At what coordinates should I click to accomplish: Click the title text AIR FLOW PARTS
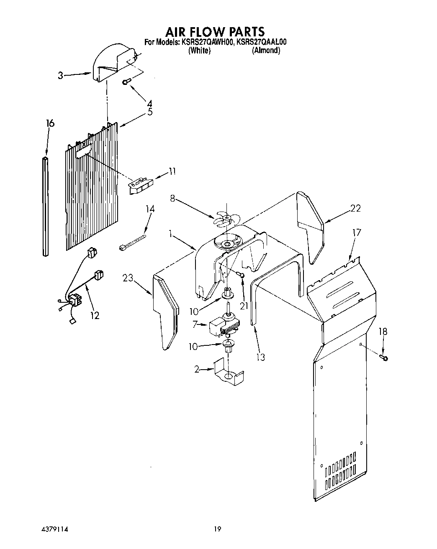pos(215,32)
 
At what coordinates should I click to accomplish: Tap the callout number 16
pos(50,123)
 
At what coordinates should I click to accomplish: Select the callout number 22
pos(355,208)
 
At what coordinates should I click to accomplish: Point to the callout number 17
pos(356,232)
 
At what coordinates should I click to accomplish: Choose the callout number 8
pos(172,198)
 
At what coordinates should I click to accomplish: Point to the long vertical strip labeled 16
pos(46,206)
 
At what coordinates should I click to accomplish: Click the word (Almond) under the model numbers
pos(266,51)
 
